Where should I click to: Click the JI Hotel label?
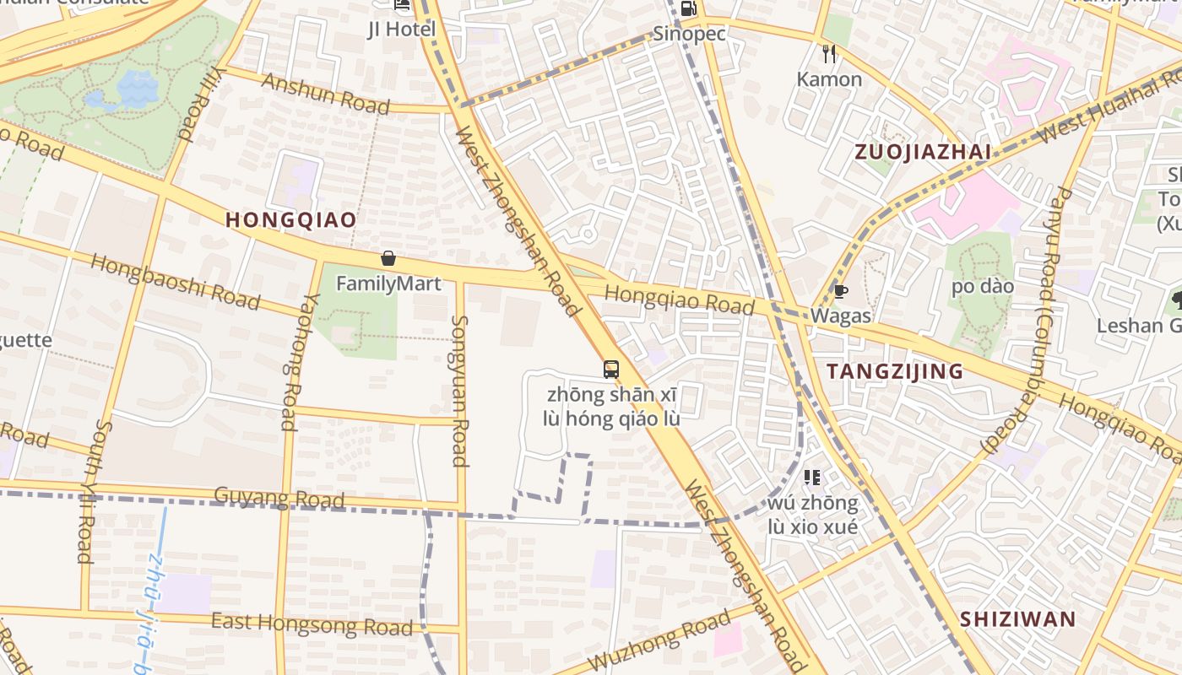[x=402, y=30]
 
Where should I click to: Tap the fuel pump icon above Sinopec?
[x=688, y=8]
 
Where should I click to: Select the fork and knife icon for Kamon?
[x=829, y=54]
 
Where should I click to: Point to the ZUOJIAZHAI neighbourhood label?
[x=922, y=152]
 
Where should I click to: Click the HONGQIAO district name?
[x=290, y=220]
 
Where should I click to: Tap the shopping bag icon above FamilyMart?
[x=388, y=258]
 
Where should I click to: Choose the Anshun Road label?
[x=326, y=93]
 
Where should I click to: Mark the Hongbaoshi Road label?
[x=176, y=280]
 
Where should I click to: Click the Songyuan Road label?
[x=460, y=390]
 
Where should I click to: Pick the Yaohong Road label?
[x=289, y=362]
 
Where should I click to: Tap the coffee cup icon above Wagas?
[x=840, y=292]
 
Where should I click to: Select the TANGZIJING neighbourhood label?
[x=895, y=371]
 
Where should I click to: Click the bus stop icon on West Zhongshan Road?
[x=610, y=370]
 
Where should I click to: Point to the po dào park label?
[x=983, y=286]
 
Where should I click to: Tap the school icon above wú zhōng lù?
[x=812, y=478]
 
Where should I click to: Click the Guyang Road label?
[x=279, y=498]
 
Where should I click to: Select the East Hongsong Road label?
[x=312, y=624]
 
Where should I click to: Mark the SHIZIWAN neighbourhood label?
[x=1017, y=619]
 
